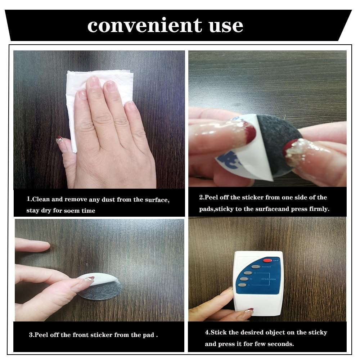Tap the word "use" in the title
(226, 26)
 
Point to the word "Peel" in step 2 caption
(211, 197)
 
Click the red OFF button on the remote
(267, 261)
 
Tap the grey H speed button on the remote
(248, 273)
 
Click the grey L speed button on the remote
(242, 285)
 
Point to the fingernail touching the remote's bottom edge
(249, 311)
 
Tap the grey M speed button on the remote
(244, 279)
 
